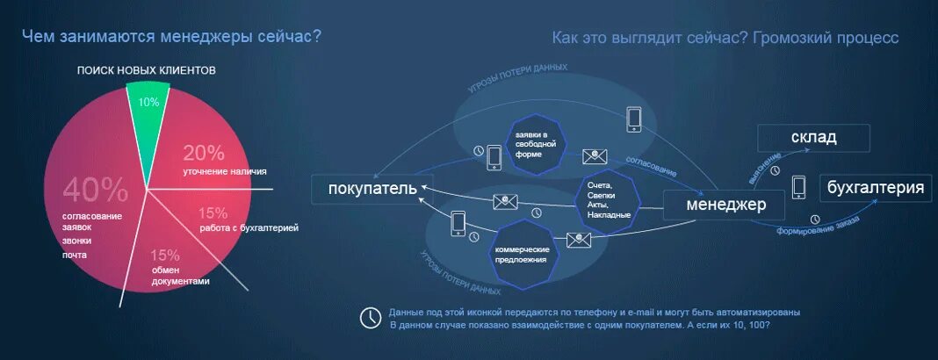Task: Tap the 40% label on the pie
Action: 95,189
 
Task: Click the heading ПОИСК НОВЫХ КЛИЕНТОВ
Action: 146,70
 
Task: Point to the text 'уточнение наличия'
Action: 225,171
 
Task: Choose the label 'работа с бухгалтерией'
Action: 249,227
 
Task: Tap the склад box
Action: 813,138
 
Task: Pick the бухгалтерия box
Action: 875,188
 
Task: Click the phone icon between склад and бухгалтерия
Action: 798,186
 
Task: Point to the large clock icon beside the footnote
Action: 372,317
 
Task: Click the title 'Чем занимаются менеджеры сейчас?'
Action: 171,36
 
